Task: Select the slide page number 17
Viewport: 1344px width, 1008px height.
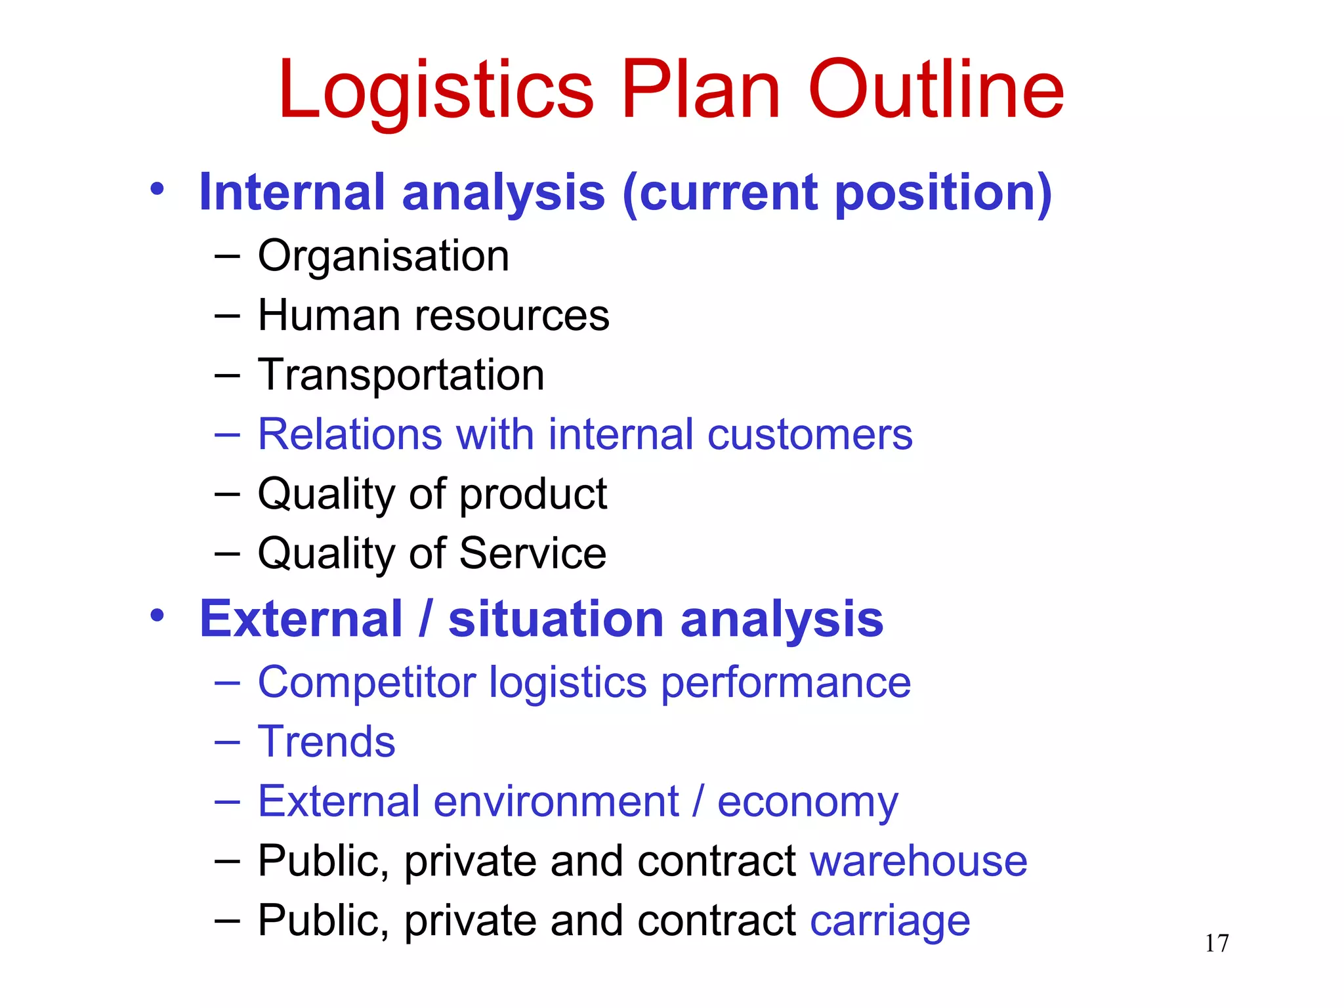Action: tap(1217, 943)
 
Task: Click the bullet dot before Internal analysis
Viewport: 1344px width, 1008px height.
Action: tap(156, 190)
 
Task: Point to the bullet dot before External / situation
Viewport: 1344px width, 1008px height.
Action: tap(156, 616)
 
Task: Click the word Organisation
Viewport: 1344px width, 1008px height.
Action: tap(383, 256)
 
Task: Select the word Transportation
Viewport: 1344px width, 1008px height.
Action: tap(401, 375)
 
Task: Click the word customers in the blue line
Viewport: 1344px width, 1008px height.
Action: tap(810, 434)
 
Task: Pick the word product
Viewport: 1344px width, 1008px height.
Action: tap(533, 495)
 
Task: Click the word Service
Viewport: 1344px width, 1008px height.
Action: tap(532, 553)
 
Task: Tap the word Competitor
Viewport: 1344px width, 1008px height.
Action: tap(366, 683)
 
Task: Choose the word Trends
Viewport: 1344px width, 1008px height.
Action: tap(326, 742)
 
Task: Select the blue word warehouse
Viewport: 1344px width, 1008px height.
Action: tap(918, 861)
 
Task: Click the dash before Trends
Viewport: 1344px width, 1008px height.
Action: tap(227, 742)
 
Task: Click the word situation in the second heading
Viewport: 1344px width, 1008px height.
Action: tap(556, 619)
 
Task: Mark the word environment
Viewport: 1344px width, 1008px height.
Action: tap(556, 801)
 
